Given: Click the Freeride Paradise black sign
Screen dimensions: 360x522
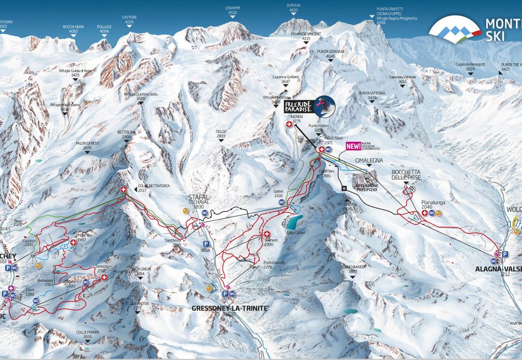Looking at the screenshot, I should point(298,107).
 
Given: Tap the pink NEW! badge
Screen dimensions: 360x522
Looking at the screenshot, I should point(353,146).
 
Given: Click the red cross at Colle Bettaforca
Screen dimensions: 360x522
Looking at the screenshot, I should point(123,191).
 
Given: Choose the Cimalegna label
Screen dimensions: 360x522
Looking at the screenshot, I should point(368,160).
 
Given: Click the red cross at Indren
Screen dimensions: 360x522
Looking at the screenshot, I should point(289,124).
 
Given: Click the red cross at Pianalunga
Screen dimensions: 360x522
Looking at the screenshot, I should point(424,213).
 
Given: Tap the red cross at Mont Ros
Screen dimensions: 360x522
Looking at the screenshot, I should point(73,242).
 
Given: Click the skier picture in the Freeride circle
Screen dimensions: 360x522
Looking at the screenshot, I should point(324,104).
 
